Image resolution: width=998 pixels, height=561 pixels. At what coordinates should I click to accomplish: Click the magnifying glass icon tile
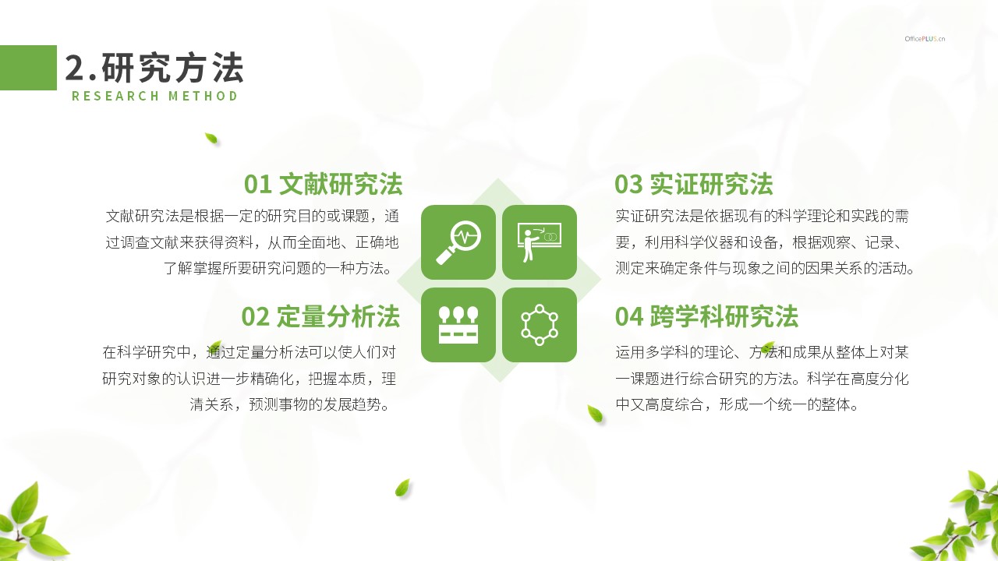[x=458, y=242]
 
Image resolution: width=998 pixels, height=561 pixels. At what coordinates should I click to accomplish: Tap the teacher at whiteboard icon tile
[x=539, y=242]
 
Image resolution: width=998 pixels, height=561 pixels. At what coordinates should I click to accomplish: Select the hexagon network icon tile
[x=539, y=325]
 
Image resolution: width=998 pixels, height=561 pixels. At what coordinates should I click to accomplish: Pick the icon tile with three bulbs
[x=458, y=325]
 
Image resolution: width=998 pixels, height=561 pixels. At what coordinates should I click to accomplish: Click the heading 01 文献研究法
[x=323, y=184]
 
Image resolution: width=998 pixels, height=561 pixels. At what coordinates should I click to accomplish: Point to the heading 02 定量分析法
[x=320, y=316]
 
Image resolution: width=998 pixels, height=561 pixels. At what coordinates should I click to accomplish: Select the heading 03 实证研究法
[x=693, y=184]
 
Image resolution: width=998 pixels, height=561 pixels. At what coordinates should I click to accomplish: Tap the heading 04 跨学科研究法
[x=706, y=316]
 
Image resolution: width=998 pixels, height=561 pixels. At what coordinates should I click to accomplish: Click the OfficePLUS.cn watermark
[x=925, y=39]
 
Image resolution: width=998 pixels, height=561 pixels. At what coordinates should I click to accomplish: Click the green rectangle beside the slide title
[x=28, y=68]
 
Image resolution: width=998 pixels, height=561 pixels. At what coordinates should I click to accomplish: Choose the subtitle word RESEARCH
[x=115, y=96]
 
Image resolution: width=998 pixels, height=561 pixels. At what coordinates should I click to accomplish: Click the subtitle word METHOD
[x=203, y=96]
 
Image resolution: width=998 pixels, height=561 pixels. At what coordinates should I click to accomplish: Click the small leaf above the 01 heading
[x=211, y=139]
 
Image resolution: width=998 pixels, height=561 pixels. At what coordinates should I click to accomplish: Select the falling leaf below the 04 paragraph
[x=595, y=414]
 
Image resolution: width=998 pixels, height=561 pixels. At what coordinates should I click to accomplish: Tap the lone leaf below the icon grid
[x=402, y=488]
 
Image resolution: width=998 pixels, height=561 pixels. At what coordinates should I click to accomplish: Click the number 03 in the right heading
[x=628, y=185]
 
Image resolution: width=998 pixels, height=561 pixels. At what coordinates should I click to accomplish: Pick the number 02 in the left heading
[x=255, y=317]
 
